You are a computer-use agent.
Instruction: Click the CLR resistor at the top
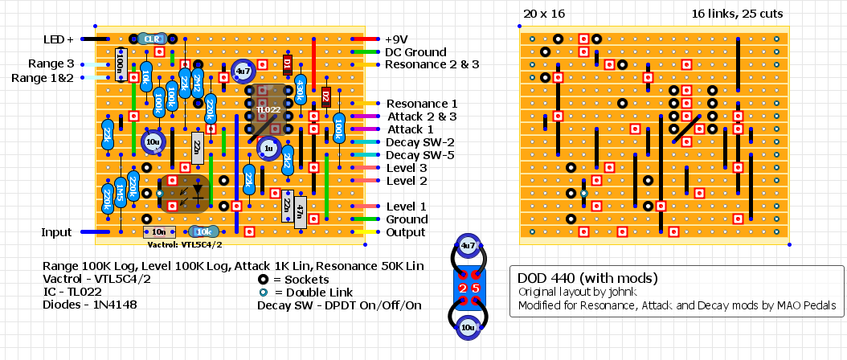(151, 38)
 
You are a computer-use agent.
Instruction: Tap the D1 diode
(288, 64)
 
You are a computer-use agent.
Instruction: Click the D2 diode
(326, 96)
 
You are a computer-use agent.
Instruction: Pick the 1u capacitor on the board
(268, 148)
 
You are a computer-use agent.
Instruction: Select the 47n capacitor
(301, 212)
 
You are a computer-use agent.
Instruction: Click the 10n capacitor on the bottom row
(158, 232)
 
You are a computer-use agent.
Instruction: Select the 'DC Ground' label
(415, 51)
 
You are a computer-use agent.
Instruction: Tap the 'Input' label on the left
(57, 232)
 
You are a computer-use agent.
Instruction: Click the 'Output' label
(407, 232)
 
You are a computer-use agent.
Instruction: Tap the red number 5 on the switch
(475, 288)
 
